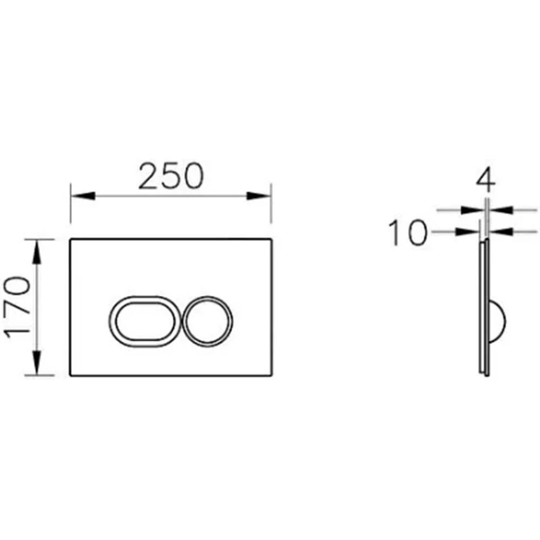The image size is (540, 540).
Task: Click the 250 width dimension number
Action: [171, 176]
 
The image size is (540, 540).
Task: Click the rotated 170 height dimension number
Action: [17, 307]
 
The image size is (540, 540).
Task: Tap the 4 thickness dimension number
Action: [486, 181]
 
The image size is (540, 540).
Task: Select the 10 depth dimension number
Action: [408, 233]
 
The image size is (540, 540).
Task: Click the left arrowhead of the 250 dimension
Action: [83, 196]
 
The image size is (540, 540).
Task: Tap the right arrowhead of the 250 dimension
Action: [259, 196]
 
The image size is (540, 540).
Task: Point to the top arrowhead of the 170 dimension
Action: [37, 252]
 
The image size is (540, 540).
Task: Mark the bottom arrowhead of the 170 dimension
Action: [37, 363]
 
